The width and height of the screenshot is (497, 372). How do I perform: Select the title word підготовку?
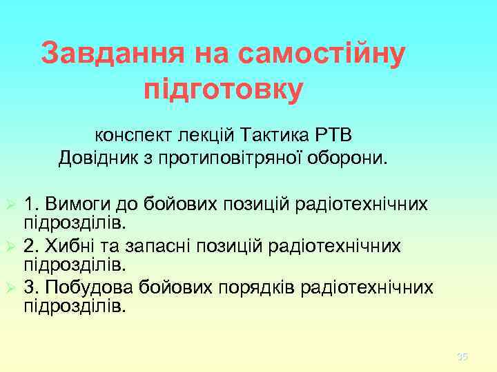tap(223, 90)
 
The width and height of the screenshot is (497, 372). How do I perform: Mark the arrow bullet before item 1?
tap(10, 205)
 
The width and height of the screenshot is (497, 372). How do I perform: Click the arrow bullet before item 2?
tap(10, 246)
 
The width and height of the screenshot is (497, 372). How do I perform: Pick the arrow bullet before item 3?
tap(10, 287)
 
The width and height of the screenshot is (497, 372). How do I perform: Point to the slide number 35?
tap(462, 356)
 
